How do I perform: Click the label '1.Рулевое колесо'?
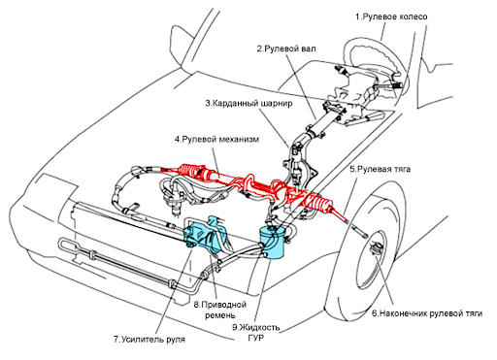pyautogui.click(x=391, y=16)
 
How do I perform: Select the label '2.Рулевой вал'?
pyautogui.click(x=286, y=49)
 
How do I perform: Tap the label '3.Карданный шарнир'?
pyautogui.click(x=248, y=103)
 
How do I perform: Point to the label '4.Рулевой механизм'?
pyautogui.click(x=216, y=140)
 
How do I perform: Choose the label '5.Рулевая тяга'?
pyautogui.click(x=380, y=169)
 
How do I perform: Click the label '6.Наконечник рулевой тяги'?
pyautogui.click(x=427, y=313)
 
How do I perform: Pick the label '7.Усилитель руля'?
pyautogui.click(x=149, y=340)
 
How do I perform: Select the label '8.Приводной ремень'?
pyautogui.click(x=220, y=310)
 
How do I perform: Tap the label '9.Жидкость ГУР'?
pyautogui.click(x=256, y=333)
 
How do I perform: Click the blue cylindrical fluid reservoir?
pyautogui.click(x=271, y=242)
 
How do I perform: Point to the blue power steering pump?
pyautogui.click(x=204, y=235)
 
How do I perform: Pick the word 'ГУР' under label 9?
pyautogui.click(x=256, y=338)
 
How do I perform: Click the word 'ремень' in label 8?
pyautogui.click(x=220, y=315)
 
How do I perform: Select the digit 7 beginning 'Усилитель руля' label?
pyautogui.click(x=116, y=340)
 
